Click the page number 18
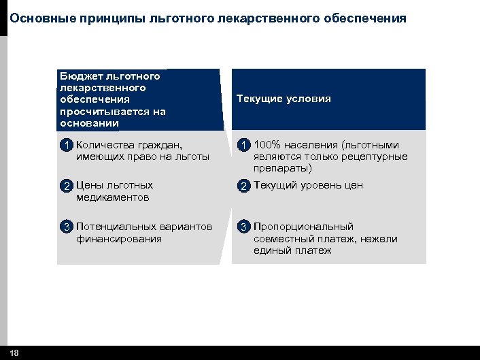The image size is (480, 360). [15, 353]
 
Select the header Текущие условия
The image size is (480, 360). [284, 99]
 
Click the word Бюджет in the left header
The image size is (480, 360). [79, 76]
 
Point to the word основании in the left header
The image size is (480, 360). [89, 124]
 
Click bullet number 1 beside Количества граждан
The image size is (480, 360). [66, 145]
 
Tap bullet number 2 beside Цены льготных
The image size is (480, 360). [66, 186]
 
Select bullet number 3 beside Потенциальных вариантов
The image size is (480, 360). [66, 227]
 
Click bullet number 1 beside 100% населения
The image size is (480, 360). [243, 145]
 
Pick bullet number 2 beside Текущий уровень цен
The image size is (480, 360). [243, 186]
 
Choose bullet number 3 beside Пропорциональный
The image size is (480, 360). [243, 227]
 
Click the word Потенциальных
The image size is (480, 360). [115, 227]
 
